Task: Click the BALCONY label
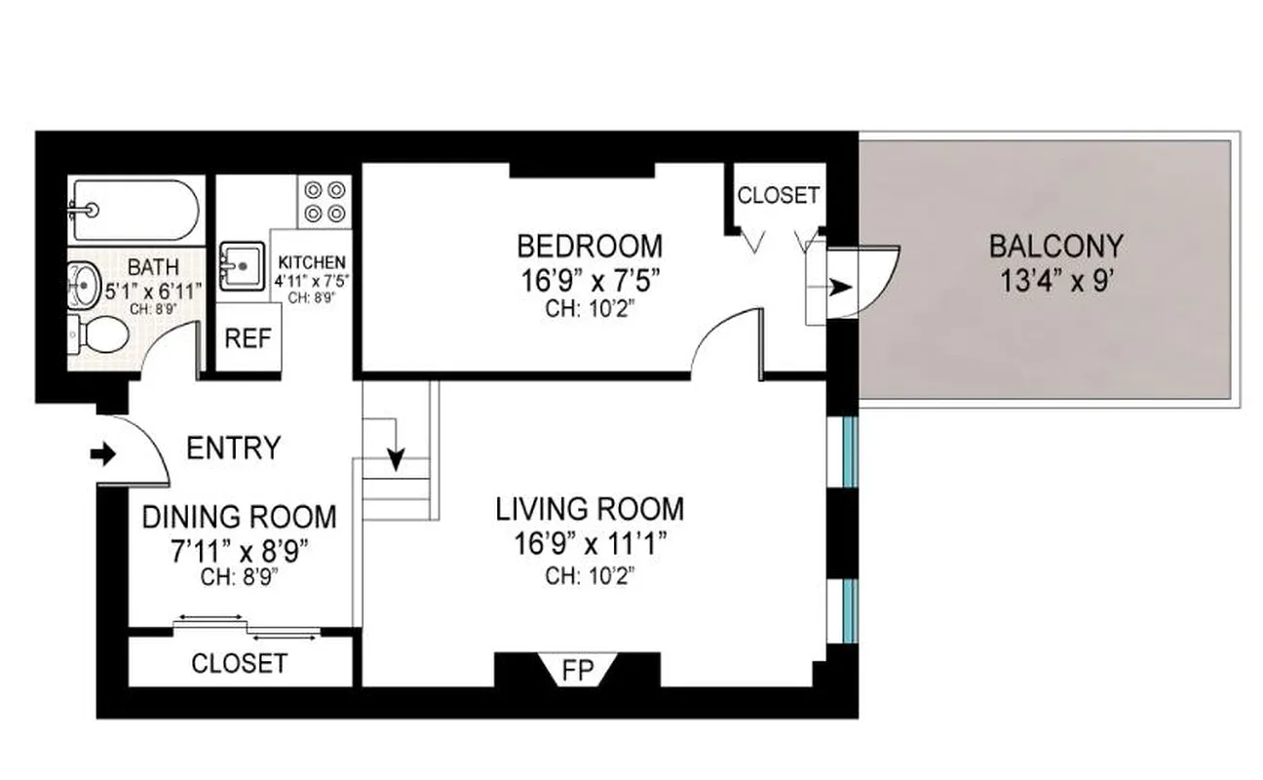coord(1055,246)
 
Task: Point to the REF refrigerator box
coord(248,338)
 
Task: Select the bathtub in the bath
coord(136,210)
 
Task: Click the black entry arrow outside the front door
coord(101,453)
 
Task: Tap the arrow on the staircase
coord(397,446)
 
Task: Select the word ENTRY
coord(233,448)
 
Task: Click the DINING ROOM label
coord(240,517)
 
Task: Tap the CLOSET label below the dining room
coord(240,664)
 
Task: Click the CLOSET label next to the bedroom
coord(778,195)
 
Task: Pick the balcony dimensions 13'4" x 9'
coord(1055,282)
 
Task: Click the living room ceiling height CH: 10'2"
coord(590,575)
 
